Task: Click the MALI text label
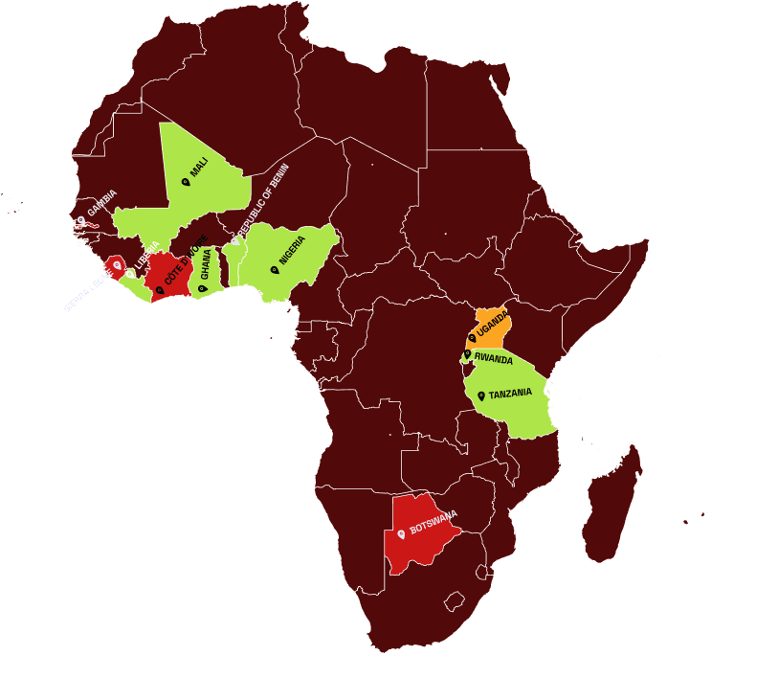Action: click(199, 169)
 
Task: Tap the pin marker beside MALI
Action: click(186, 181)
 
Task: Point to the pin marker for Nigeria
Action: click(275, 269)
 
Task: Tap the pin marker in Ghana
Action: click(202, 287)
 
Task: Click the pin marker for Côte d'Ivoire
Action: click(160, 289)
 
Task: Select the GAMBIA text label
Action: click(101, 202)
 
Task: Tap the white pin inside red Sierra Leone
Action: click(117, 264)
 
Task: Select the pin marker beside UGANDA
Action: click(472, 337)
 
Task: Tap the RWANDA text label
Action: click(494, 359)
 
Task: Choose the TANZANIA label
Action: click(510, 395)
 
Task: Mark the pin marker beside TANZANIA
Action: click(481, 395)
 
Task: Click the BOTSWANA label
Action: click(433, 522)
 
